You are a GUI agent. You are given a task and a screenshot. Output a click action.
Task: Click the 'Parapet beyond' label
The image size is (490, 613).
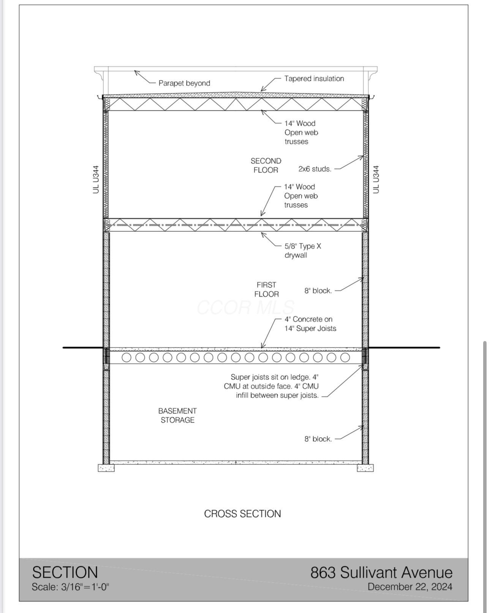point(184,83)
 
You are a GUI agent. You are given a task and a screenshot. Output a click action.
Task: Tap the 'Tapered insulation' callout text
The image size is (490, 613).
point(314,79)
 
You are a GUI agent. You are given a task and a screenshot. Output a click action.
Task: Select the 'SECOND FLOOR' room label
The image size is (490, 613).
point(266,166)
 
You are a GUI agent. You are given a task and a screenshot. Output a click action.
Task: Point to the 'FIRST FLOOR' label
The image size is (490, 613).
point(266,289)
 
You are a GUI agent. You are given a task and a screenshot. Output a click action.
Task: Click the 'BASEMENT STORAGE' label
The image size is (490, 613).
point(177,416)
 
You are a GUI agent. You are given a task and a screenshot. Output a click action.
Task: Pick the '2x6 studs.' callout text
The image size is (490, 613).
point(315,169)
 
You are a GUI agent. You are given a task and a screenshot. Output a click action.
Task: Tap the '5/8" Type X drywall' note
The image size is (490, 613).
point(303,251)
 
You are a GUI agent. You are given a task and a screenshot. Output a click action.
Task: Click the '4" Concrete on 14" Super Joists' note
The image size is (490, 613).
point(310,324)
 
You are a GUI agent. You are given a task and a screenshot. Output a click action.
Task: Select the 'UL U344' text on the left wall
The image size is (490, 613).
point(96,180)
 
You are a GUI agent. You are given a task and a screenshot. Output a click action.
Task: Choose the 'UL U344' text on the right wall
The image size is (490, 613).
point(376,180)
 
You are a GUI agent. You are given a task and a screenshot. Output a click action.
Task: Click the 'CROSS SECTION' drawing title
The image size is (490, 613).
point(242,514)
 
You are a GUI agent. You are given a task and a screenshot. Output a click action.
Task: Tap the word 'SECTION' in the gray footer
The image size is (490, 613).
point(65,572)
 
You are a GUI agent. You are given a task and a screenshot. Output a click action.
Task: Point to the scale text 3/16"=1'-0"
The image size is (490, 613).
point(70,587)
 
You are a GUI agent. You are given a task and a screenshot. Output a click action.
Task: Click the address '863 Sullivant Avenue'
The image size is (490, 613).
point(381,572)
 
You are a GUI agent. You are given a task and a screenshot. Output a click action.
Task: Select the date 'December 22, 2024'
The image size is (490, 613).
point(410,587)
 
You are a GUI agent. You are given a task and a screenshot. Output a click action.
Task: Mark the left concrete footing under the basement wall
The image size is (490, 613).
point(106,468)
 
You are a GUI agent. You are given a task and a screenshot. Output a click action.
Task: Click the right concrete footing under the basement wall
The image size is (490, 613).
point(365,468)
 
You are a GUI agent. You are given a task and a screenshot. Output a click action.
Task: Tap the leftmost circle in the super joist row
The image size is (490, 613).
point(126,357)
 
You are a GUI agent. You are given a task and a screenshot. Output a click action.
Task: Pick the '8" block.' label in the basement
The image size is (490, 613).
point(318,439)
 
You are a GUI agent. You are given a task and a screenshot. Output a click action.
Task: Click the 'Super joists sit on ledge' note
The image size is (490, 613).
point(275,386)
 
